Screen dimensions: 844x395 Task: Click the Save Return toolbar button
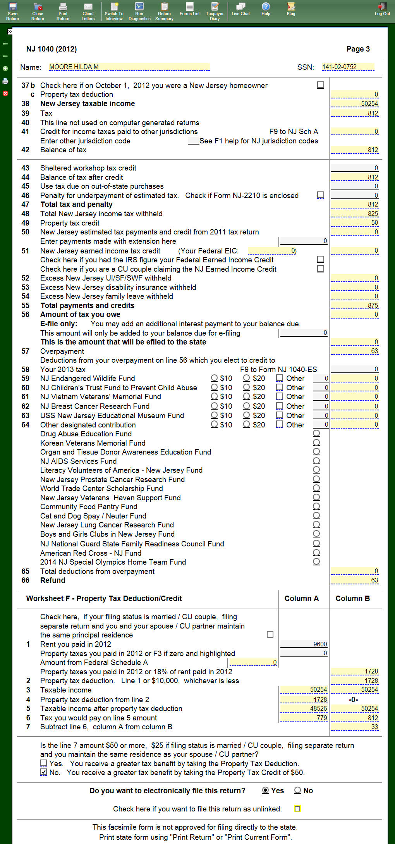[x=12, y=11]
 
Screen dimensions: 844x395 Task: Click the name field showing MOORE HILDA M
[x=129, y=67]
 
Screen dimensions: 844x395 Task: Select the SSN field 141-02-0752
[x=348, y=67]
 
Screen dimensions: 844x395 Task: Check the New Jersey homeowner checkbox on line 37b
[x=321, y=85]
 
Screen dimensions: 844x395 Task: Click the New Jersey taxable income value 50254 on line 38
[x=355, y=104]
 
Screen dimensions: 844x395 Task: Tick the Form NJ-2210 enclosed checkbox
[x=321, y=195]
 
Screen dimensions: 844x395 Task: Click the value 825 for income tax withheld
[x=355, y=214]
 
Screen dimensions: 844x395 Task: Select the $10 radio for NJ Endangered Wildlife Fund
[x=214, y=378]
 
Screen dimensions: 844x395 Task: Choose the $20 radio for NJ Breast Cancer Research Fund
[x=246, y=406]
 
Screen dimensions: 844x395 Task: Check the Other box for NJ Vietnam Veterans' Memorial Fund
[x=279, y=396]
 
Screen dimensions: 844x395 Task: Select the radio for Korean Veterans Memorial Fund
[x=316, y=443]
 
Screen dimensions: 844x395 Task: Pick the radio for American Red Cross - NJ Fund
[x=316, y=553]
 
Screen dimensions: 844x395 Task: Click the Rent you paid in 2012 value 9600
[x=304, y=644]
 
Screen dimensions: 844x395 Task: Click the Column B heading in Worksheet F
[x=352, y=598]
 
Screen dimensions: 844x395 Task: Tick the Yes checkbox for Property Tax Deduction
[x=44, y=763]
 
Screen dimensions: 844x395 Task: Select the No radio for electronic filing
[x=297, y=790]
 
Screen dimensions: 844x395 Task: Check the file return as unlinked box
[x=297, y=808]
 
